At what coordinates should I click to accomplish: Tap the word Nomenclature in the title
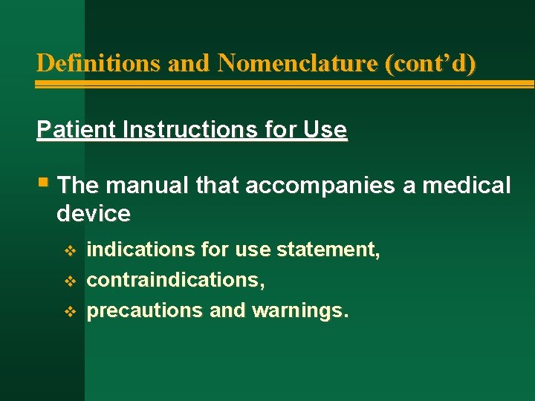(298, 63)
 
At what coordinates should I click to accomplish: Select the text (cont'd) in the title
(430, 63)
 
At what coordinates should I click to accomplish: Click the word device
(93, 214)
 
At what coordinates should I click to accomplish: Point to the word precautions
(145, 310)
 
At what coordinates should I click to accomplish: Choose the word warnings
(300, 310)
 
